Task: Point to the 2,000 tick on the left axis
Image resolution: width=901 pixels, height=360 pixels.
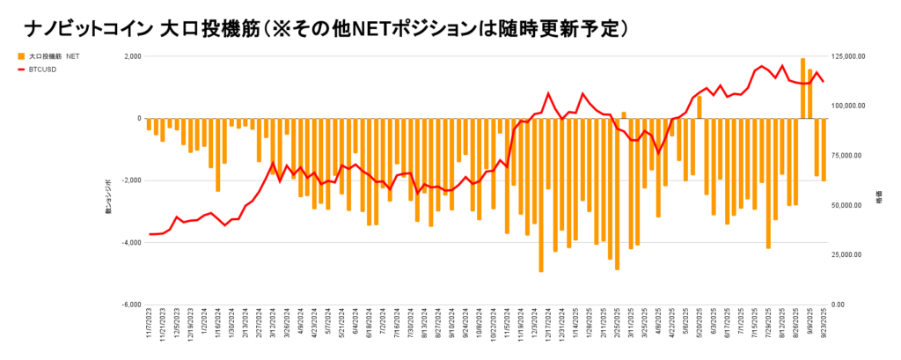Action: point(133,56)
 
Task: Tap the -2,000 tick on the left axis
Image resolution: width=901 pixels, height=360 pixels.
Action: point(131,180)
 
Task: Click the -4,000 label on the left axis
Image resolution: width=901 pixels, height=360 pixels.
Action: point(131,243)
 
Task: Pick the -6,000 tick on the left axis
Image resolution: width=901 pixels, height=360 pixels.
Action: point(131,305)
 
